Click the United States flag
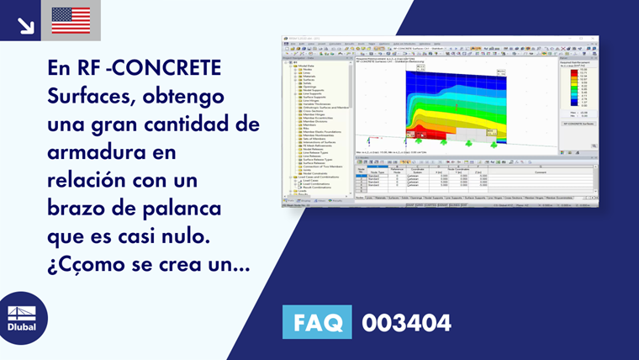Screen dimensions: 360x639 pyautogui.click(x=71, y=20)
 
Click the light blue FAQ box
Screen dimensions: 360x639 pyautogui.click(x=317, y=322)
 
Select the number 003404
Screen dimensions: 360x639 pyautogui.click(x=406, y=322)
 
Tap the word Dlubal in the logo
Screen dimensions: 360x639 pyautogui.click(x=22, y=326)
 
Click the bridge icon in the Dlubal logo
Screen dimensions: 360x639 pyautogui.click(x=23, y=307)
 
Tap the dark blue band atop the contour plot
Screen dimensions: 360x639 pyautogui.click(x=454, y=77)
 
